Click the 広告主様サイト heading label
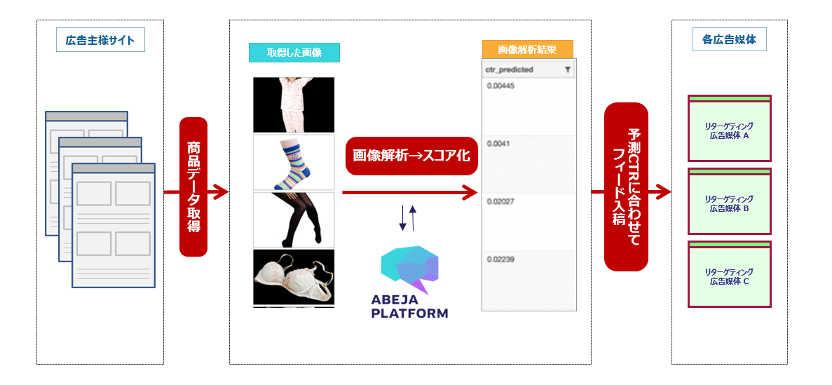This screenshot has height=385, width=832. tap(100, 40)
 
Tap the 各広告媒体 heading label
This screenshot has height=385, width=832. tap(729, 39)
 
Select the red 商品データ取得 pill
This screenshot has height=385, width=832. tap(193, 187)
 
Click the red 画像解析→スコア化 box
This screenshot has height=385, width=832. tap(411, 156)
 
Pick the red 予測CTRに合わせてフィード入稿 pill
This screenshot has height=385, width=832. tap(626, 187)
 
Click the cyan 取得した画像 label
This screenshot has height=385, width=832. tap(294, 53)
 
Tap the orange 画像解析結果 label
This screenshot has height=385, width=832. tap(527, 49)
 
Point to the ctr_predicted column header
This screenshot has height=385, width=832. tap(509, 69)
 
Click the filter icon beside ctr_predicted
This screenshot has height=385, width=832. tap(568, 69)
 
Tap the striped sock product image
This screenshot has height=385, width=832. tap(294, 162)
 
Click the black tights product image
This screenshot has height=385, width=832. tap(294, 219)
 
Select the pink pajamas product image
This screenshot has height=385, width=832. tap(294, 104)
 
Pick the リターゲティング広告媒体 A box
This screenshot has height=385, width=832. tap(729, 128)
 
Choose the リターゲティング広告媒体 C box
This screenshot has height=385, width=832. tap(729, 274)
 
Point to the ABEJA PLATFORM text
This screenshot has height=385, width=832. tap(409, 307)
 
